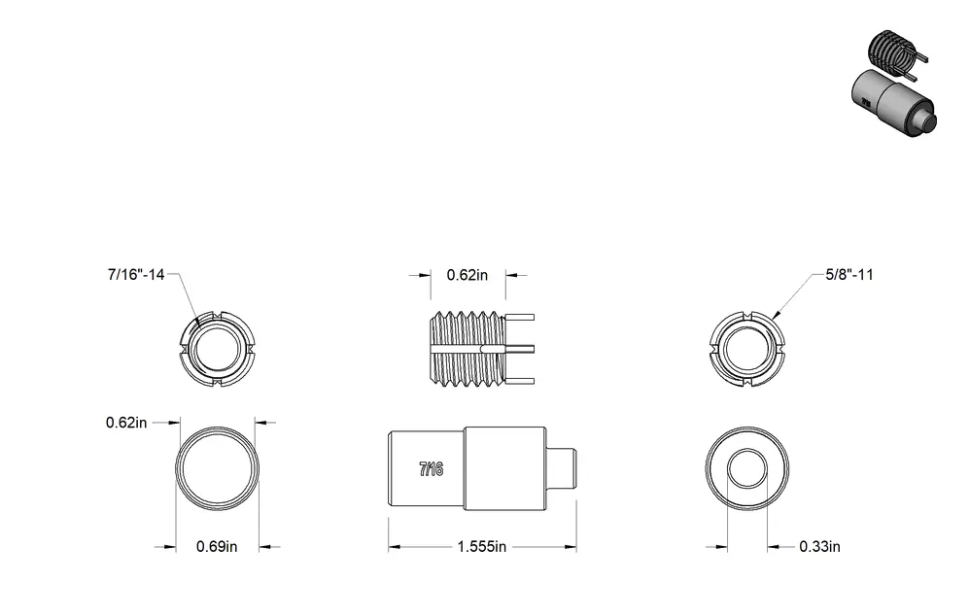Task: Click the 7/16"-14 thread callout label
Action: [x=136, y=275]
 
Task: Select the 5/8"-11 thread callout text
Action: [x=849, y=275]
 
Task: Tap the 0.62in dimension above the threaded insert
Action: [x=468, y=275]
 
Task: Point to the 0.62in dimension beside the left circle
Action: [x=126, y=423]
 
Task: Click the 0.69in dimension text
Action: [x=217, y=547]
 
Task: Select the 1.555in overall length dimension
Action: [x=482, y=547]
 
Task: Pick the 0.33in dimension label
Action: [x=819, y=547]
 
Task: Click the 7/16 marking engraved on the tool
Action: [x=432, y=469]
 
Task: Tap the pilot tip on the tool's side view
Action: [x=562, y=467]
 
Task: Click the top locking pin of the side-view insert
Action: [x=520, y=318]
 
